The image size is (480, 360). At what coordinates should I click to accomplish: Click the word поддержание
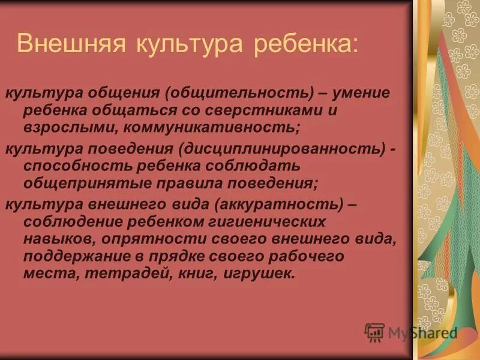pos(71,257)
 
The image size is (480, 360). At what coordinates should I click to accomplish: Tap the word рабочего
pos(317,257)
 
